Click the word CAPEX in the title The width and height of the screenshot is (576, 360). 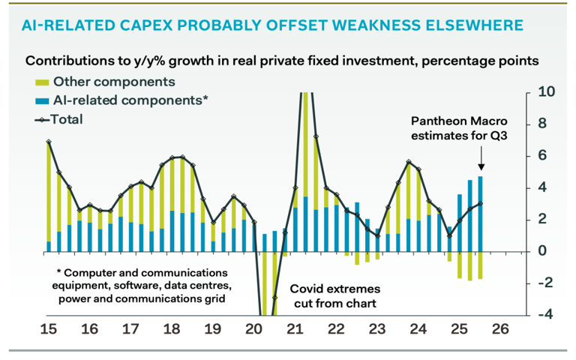[x=174, y=25]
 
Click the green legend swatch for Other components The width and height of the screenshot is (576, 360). [x=40, y=81]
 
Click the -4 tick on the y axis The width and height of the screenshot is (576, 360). [x=547, y=314]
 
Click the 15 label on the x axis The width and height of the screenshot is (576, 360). [x=49, y=328]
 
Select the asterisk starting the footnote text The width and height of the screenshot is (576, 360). [x=58, y=271]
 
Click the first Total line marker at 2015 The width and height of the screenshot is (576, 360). [x=49, y=142]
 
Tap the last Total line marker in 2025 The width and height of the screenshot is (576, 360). [x=480, y=203]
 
